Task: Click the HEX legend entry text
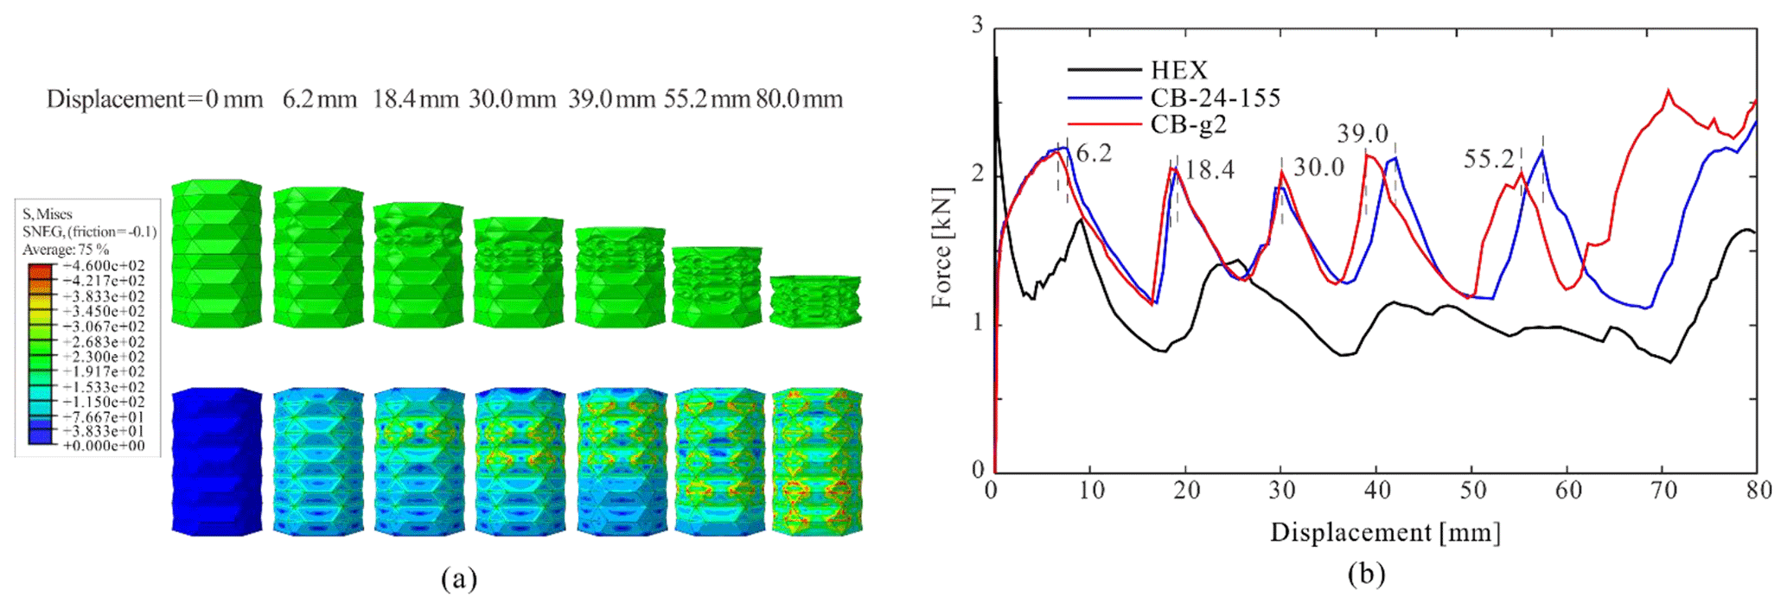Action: [1178, 70]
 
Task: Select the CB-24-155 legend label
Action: [1215, 98]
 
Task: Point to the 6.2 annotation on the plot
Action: [1094, 154]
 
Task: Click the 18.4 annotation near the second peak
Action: [1209, 169]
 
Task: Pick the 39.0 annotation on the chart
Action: [1363, 134]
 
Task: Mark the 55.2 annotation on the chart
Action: [1489, 159]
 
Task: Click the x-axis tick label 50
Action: [1473, 491]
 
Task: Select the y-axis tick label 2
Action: [978, 174]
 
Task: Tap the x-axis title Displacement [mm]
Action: [1385, 532]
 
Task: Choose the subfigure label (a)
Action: [458, 578]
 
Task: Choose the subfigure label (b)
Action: [1366, 574]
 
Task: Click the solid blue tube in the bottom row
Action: [216, 461]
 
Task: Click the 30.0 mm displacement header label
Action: [512, 99]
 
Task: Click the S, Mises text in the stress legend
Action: [48, 214]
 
